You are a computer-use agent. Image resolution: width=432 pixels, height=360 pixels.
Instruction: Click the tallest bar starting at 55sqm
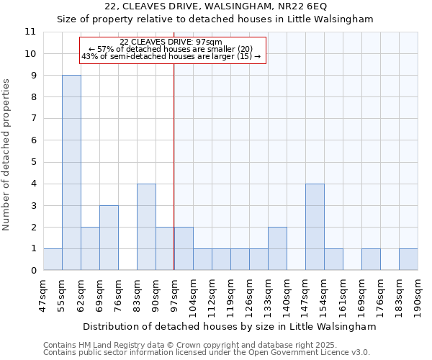[71, 173]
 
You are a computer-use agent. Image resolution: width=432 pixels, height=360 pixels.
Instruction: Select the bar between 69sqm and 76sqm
[109, 238]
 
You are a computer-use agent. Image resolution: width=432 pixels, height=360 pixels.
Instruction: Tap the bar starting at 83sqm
[146, 227]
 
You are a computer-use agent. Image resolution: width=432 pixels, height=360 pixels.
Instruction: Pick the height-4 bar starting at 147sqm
[315, 227]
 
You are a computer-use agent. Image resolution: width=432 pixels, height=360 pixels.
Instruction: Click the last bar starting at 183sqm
[408, 259]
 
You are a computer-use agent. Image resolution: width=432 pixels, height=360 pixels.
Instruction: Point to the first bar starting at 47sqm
[53, 259]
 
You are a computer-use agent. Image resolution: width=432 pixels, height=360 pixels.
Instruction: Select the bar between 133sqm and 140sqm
[277, 248]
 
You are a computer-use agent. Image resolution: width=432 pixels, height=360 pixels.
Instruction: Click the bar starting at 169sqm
[371, 259]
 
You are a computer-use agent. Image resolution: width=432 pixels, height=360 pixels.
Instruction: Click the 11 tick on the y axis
[30, 32]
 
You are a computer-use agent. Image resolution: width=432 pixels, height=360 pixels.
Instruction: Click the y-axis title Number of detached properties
[7, 155]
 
